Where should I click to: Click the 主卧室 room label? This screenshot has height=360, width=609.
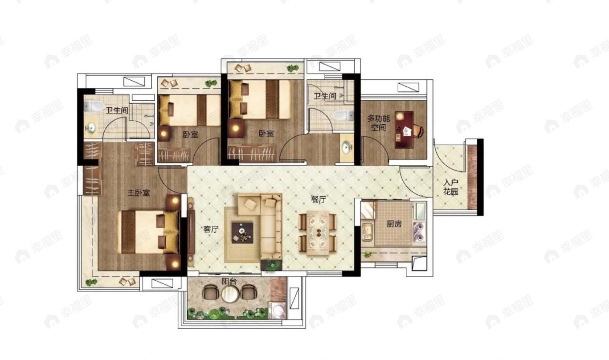(x=139, y=193)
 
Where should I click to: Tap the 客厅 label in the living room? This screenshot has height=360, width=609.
(x=211, y=229)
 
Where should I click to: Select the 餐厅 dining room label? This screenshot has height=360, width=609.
(x=319, y=200)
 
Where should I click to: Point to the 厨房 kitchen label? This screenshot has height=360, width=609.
(x=394, y=224)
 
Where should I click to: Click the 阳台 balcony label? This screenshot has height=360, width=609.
(x=229, y=282)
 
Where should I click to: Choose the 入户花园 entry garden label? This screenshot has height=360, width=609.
(x=451, y=187)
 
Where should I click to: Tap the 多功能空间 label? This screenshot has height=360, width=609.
(x=378, y=123)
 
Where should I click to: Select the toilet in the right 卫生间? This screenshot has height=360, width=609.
(x=343, y=115)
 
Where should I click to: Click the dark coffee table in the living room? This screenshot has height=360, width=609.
(x=242, y=233)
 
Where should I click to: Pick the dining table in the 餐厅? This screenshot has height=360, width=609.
(x=318, y=233)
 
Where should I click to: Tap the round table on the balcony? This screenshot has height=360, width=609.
(x=230, y=294)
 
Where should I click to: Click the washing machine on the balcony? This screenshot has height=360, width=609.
(x=277, y=311)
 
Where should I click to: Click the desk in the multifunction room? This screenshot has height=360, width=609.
(x=404, y=130)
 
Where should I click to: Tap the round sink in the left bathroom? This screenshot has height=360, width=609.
(x=91, y=128)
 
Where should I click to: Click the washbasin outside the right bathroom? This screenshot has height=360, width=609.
(x=347, y=147)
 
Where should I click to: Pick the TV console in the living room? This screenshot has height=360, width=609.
(x=192, y=231)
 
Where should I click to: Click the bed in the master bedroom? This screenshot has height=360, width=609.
(x=148, y=232)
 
